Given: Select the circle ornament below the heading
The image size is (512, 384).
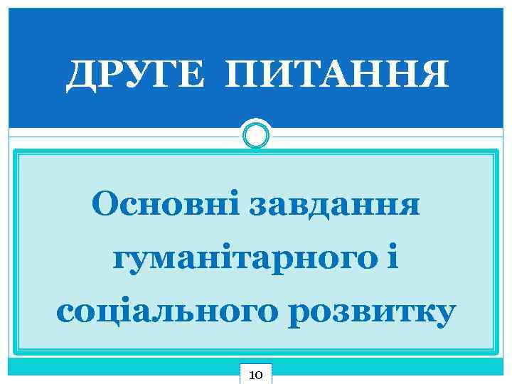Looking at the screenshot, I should point(256,134).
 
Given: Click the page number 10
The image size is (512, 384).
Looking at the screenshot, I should point(256,373).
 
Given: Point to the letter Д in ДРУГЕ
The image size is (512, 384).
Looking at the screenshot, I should point(80,75).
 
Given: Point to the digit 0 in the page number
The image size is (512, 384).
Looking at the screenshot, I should point(260,373).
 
